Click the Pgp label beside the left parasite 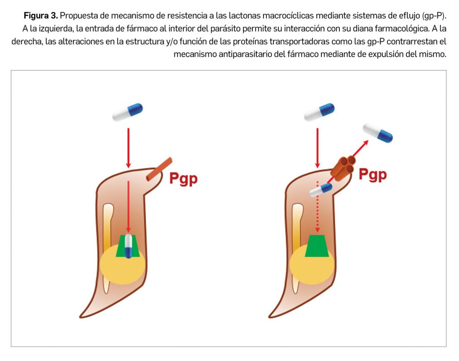[x=183, y=178]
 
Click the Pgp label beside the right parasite [x=372, y=174]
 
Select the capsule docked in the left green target [x=129, y=246]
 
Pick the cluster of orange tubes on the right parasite [x=343, y=169]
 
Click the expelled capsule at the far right [x=377, y=133]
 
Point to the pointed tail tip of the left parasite [x=83, y=315]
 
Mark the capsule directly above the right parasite [x=319, y=112]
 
